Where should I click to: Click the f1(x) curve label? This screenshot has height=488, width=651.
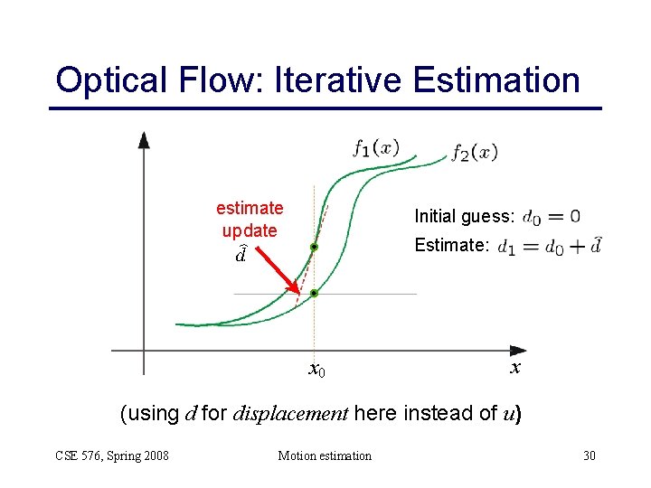click(375, 147)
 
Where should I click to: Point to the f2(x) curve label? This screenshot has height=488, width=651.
click(475, 152)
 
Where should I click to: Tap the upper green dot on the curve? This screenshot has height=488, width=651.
click(314, 247)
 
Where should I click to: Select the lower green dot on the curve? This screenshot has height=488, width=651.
click(314, 293)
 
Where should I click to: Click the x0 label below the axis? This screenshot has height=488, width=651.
click(316, 370)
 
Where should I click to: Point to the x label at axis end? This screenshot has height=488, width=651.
click(514, 369)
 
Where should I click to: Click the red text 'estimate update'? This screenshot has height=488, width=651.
click(250, 219)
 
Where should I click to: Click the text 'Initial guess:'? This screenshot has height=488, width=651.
click(464, 216)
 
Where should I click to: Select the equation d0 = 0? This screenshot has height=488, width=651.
click(552, 217)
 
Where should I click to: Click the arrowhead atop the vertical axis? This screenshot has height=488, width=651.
click(143, 139)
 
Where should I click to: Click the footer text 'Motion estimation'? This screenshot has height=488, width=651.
click(324, 455)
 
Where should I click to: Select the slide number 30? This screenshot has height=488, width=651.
click(589, 455)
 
